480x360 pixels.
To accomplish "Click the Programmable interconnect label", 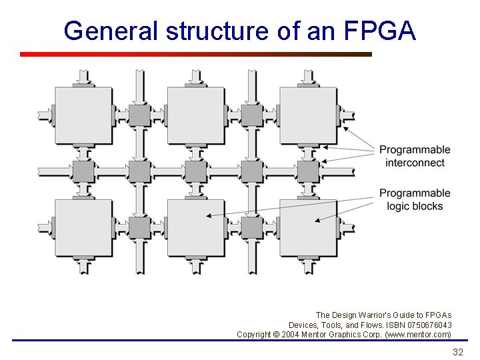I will (x=415, y=156).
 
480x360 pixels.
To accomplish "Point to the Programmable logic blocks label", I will (x=415, y=199).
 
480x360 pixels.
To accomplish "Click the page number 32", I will (x=457, y=352).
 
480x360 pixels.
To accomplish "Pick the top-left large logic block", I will (x=83, y=115).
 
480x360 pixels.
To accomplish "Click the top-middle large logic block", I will (x=195, y=115).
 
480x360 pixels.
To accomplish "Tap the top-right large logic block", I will (x=308, y=115).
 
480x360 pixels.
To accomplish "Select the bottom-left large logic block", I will (x=83, y=227).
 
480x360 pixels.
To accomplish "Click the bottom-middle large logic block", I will (x=195, y=227).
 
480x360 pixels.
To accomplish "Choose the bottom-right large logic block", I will (x=308, y=227).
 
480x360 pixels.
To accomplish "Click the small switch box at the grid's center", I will (x=195, y=171).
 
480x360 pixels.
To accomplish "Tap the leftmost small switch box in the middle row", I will (x=83, y=171).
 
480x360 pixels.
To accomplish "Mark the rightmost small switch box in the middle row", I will (x=308, y=171).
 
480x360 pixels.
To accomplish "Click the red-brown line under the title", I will (x=195, y=54).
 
